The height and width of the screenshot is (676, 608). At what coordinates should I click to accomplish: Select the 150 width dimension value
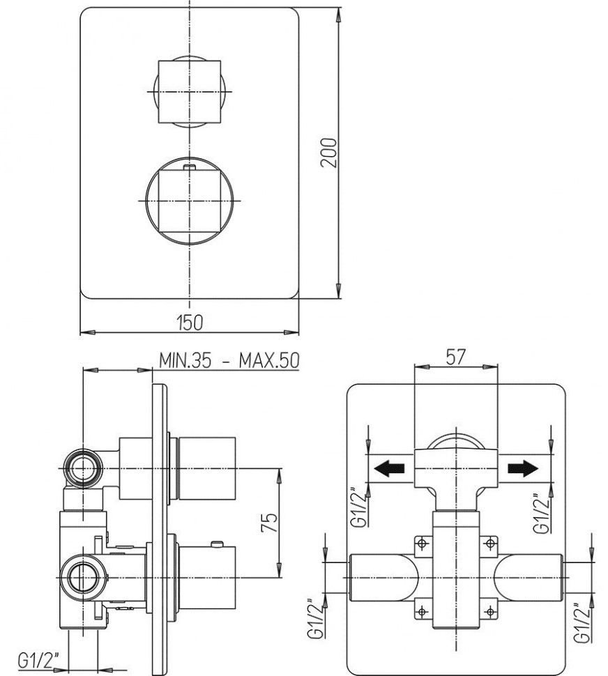[x=190, y=322]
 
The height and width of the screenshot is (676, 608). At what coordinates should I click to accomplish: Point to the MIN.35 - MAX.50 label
[x=229, y=361]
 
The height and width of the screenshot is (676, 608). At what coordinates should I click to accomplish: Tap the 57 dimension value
[x=456, y=358]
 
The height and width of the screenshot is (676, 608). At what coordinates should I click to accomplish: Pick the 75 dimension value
[x=272, y=522]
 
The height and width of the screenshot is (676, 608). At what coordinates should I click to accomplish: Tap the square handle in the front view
[x=190, y=92]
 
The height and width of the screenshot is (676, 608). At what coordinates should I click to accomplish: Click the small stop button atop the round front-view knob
[x=190, y=167]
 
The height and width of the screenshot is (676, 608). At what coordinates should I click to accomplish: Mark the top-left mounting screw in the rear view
[x=420, y=542]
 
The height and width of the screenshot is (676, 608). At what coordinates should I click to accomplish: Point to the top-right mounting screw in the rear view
[x=492, y=542]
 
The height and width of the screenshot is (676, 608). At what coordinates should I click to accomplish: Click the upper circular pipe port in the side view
[x=84, y=465]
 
